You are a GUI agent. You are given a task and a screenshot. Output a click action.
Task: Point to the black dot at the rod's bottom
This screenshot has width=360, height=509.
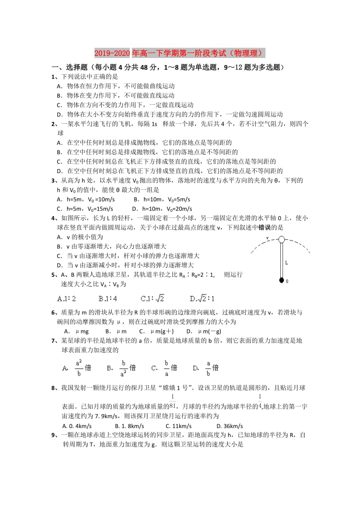click(282, 281)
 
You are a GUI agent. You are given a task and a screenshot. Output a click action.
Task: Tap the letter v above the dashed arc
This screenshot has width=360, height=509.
click(268, 238)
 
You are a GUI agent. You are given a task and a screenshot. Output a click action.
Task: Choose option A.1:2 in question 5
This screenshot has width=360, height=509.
click(67, 298)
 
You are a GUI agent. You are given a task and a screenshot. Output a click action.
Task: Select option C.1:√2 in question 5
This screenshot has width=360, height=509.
click(153, 298)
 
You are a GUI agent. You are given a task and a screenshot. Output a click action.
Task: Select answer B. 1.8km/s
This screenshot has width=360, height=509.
click(130, 426)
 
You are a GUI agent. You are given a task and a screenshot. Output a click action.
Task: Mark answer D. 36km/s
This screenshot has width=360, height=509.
click(229, 426)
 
